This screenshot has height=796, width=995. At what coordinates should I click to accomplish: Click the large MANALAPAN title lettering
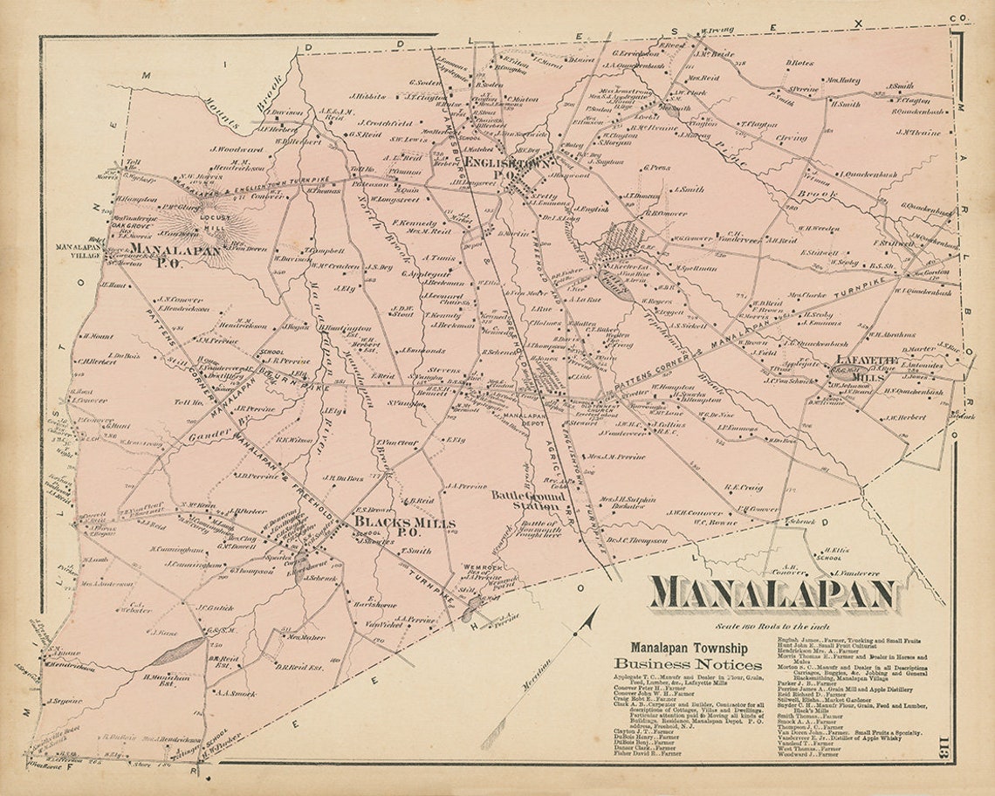pos(772,594)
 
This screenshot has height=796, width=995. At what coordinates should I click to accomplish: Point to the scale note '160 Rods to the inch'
pos(772,627)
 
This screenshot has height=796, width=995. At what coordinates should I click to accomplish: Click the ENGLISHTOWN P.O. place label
pos(509,168)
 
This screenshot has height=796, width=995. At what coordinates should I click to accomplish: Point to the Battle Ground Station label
pos(527,500)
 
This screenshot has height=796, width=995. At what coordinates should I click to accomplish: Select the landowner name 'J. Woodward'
pos(230,149)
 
